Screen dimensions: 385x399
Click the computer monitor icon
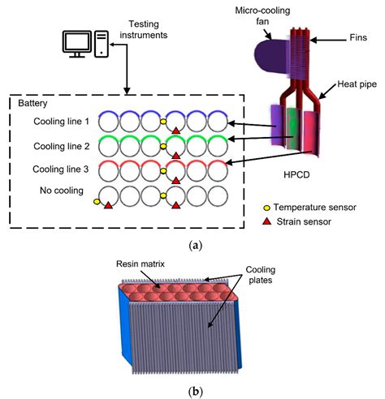(x=77, y=44)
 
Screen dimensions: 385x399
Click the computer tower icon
(x=102, y=44)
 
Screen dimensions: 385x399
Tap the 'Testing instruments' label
(x=144, y=29)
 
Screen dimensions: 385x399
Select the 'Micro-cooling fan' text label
(x=262, y=15)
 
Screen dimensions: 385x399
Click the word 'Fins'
(x=358, y=37)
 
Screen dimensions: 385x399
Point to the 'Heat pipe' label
(x=357, y=84)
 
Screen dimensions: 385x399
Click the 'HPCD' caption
(x=296, y=175)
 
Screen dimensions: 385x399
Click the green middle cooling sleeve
(x=293, y=128)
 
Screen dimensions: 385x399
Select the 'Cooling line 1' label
(x=61, y=122)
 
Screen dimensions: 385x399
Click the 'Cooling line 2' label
(x=62, y=146)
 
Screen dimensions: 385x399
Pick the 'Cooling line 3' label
(x=61, y=169)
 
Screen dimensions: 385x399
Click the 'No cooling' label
(x=62, y=191)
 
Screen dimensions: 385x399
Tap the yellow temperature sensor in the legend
(x=267, y=208)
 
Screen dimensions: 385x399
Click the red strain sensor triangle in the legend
(x=267, y=221)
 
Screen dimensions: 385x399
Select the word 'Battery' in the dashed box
(x=32, y=103)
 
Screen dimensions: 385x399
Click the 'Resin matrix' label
(x=141, y=264)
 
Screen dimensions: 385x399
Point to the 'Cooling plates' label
(x=260, y=275)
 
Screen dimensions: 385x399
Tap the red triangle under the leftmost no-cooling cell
(x=108, y=205)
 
